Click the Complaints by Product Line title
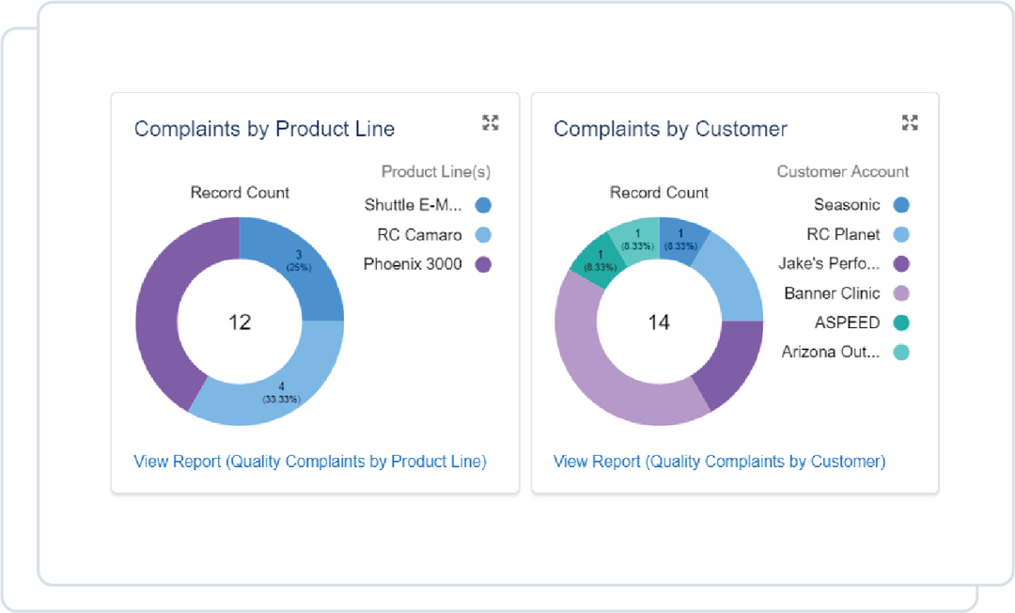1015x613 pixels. click(264, 129)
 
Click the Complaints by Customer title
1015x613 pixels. click(670, 129)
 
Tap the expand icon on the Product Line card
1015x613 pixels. click(490, 122)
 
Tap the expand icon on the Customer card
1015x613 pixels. click(909, 122)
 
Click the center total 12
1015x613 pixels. click(240, 322)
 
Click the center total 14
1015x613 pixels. click(659, 322)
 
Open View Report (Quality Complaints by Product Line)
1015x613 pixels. click(310, 462)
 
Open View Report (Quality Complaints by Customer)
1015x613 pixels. click(719, 462)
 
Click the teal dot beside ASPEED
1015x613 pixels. click(901, 322)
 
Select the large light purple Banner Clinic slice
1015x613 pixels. click(601, 367)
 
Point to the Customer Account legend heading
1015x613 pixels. click(842, 171)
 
